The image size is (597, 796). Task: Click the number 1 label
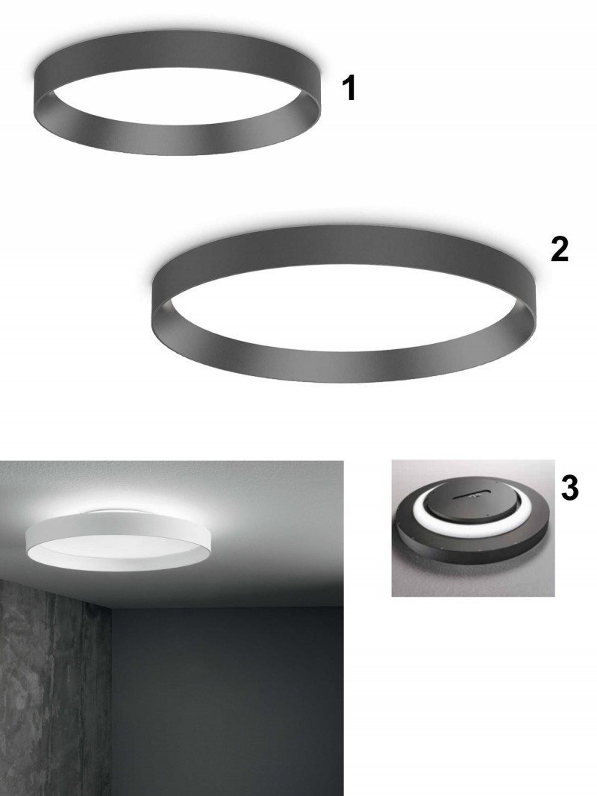(x=348, y=88)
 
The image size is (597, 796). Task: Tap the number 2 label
(x=560, y=250)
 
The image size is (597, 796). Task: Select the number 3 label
(x=569, y=488)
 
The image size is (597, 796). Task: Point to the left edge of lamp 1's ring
(x=34, y=94)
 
